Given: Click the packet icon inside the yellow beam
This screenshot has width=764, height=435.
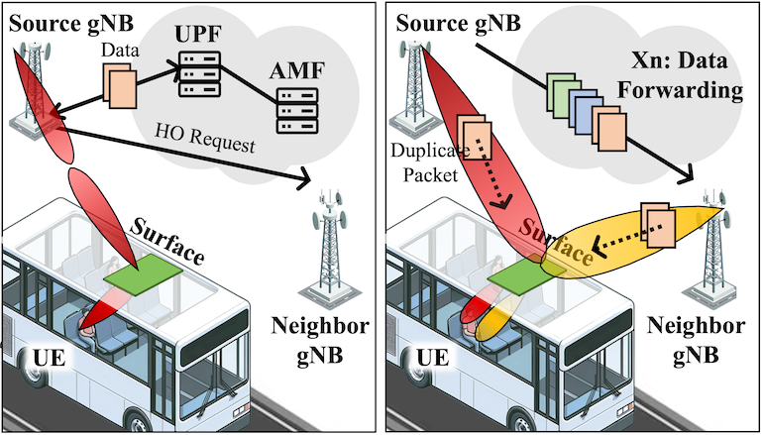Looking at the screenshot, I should (x=657, y=227).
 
